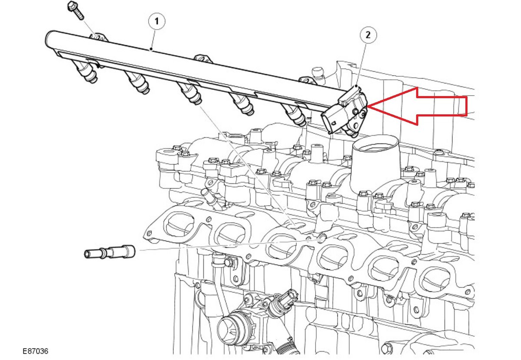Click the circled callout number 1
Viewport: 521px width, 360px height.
pyautogui.click(x=157, y=21)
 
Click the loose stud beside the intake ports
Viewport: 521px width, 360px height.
pyautogui.click(x=109, y=252)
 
